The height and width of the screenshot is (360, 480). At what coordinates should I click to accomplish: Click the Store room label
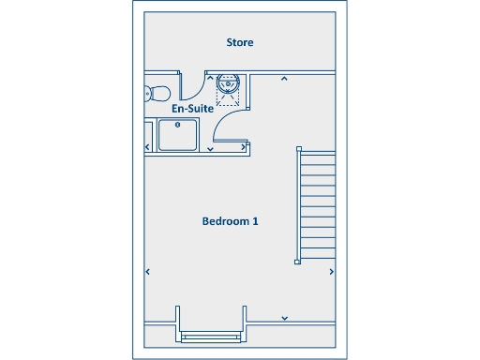(240, 42)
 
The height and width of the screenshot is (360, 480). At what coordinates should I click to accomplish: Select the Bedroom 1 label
(230, 221)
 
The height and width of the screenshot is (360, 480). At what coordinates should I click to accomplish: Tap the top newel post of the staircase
(297, 147)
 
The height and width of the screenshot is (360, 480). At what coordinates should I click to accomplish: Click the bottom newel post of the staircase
(297, 262)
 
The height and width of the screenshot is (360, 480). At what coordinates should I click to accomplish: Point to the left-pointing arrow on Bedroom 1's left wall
(147, 272)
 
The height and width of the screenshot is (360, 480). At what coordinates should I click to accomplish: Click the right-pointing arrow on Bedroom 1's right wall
(332, 272)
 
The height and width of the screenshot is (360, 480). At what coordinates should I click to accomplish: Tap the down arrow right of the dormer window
(285, 318)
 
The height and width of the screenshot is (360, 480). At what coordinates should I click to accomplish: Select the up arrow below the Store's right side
(284, 79)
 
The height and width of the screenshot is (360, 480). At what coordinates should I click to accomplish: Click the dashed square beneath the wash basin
(229, 95)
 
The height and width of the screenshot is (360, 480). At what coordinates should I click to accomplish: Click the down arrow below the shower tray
(210, 148)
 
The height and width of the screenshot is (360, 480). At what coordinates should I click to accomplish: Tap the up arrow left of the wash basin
(209, 79)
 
